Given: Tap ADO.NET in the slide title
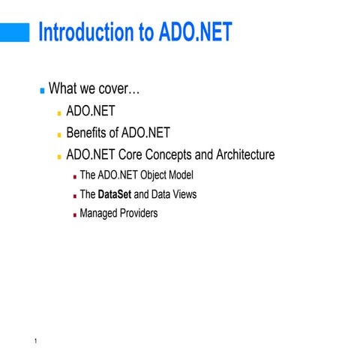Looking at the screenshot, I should (x=194, y=33).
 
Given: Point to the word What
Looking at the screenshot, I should (x=63, y=89).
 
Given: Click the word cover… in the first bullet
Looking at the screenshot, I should (x=119, y=89).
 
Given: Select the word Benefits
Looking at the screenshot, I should (x=88, y=133).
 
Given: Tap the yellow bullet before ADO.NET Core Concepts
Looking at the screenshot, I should (x=59, y=157).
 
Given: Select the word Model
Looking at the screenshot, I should (x=182, y=176).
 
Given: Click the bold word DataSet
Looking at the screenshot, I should (x=115, y=195).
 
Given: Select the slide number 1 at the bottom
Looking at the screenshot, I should (x=36, y=343).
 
